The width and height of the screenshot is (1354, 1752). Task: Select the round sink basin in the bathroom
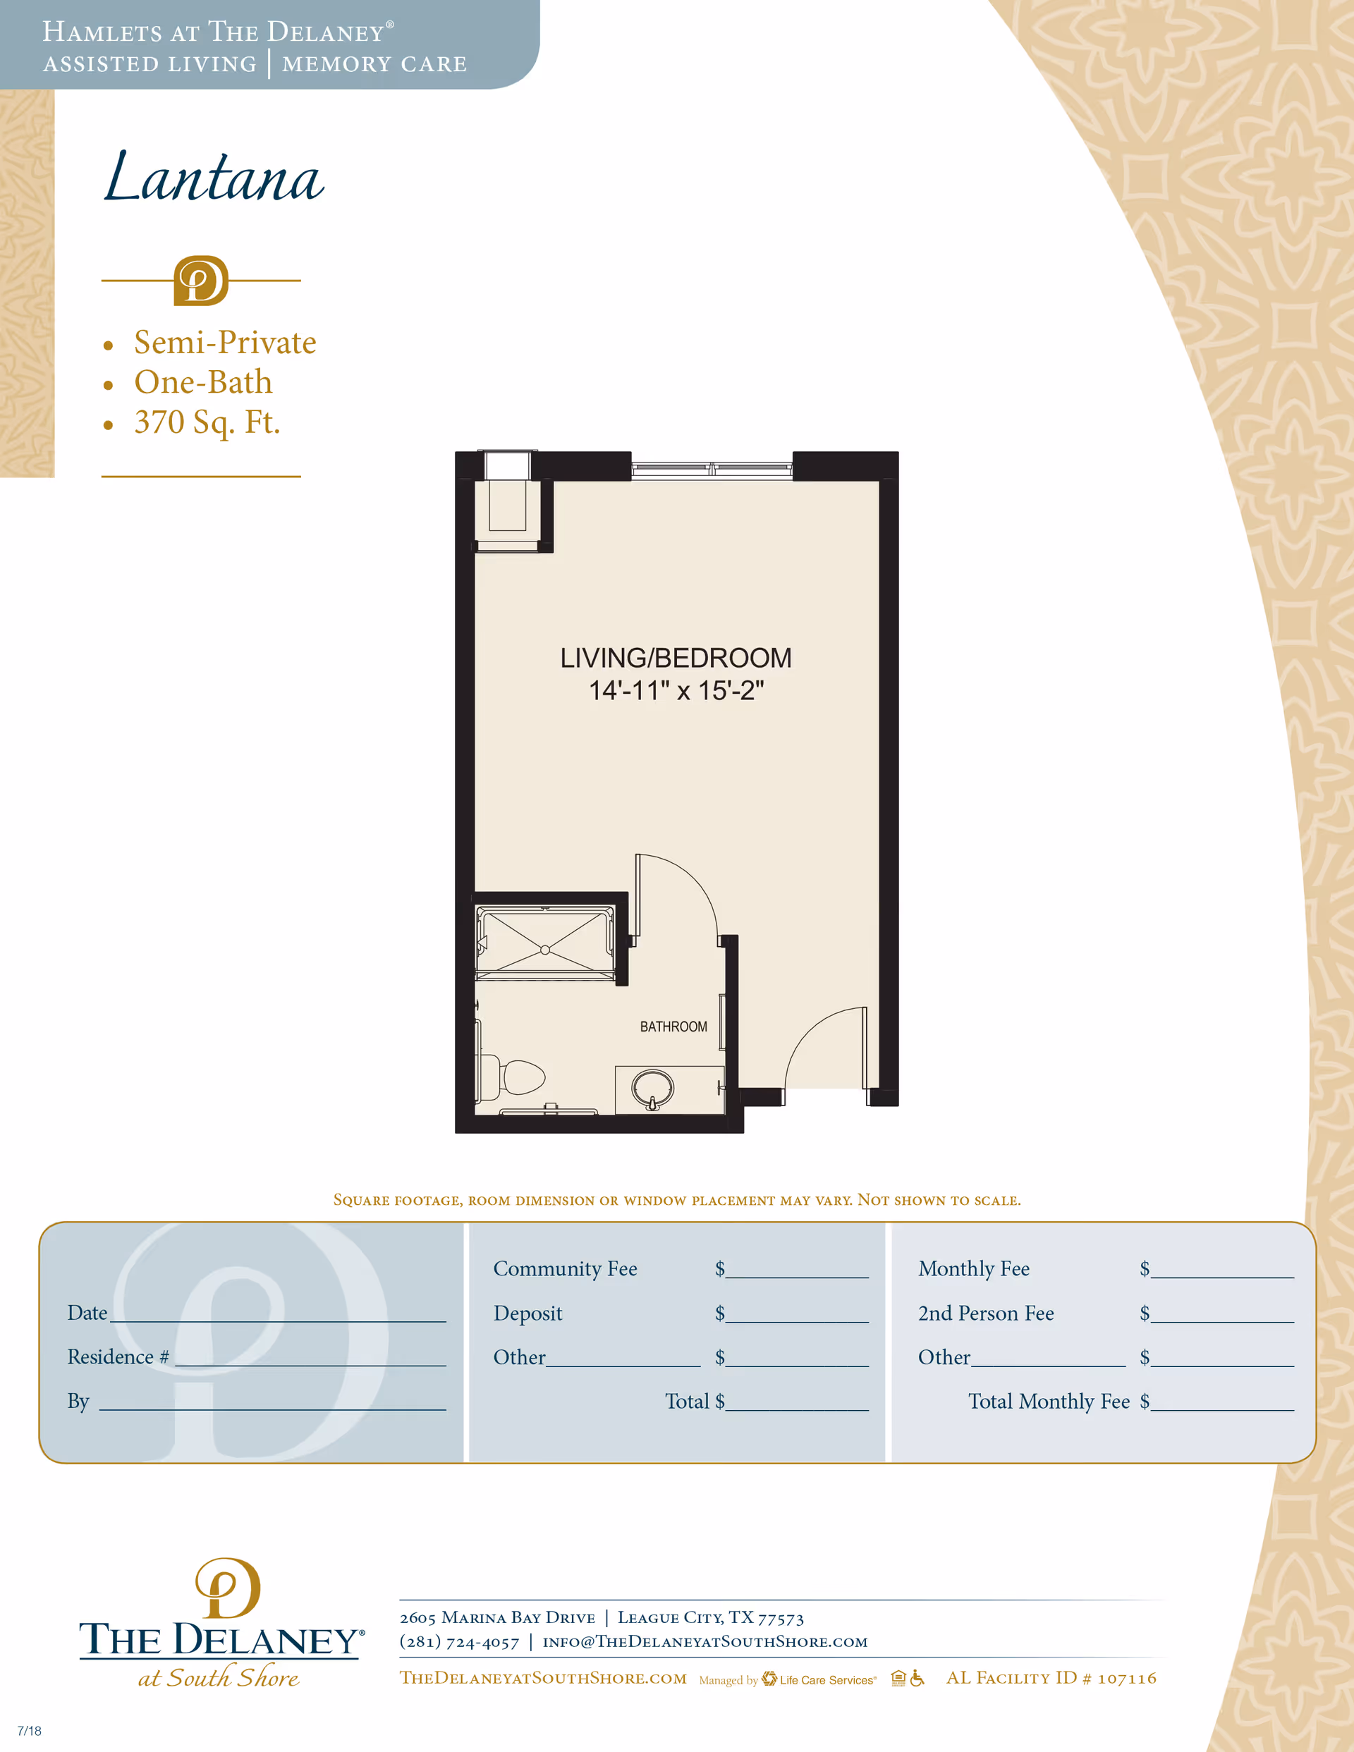click(652, 1088)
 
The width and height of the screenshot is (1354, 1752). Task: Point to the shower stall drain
click(545, 950)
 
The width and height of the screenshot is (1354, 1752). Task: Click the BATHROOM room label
click(673, 1027)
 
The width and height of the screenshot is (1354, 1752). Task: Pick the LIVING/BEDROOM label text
click(676, 658)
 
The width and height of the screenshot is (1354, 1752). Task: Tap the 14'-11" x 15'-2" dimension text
click(676, 691)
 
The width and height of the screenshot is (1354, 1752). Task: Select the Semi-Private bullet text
click(225, 343)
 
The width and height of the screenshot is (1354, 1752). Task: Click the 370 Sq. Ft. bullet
click(207, 422)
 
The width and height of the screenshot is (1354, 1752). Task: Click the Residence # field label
click(118, 1356)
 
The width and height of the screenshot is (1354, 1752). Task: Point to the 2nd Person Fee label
click(986, 1313)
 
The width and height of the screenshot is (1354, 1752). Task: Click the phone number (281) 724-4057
click(459, 1642)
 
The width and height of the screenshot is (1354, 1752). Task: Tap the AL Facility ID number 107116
click(1127, 1678)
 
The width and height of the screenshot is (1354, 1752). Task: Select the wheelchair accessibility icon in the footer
click(917, 1678)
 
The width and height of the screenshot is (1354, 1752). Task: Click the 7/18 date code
click(29, 1730)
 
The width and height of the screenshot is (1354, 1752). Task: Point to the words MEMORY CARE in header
click(374, 64)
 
